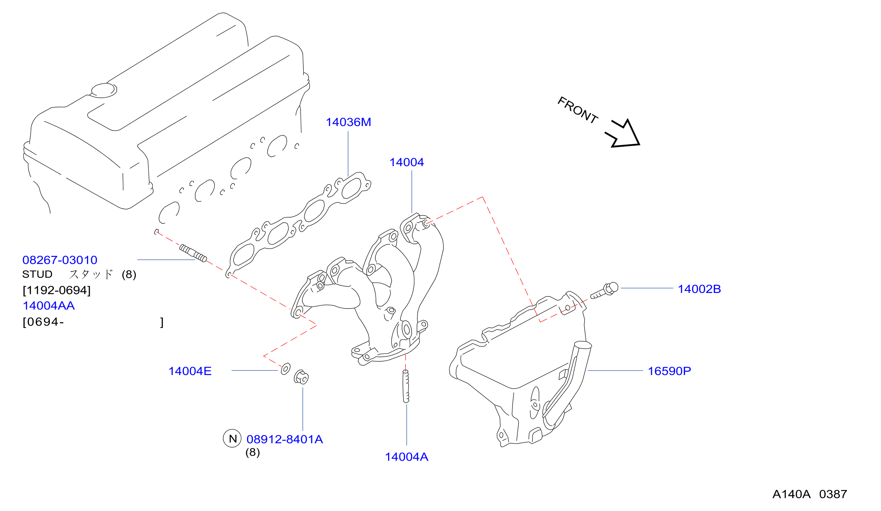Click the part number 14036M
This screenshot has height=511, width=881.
click(x=348, y=122)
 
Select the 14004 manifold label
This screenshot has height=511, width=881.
click(x=407, y=163)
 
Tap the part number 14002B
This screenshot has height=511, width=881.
click(x=699, y=289)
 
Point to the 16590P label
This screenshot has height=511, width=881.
click(x=669, y=371)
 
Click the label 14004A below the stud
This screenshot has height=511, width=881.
click(x=406, y=457)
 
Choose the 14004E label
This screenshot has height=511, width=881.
click(x=190, y=371)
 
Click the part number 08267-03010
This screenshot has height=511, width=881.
click(x=60, y=260)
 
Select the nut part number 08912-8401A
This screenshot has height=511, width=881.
click(x=284, y=439)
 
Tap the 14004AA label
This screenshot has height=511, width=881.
click(x=49, y=306)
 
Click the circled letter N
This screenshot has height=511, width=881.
click(x=232, y=439)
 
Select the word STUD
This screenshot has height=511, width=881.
click(x=37, y=274)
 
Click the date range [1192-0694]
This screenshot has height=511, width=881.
click(x=57, y=290)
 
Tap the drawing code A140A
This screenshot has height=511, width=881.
click(x=791, y=494)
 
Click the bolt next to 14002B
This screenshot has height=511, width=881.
click(x=604, y=290)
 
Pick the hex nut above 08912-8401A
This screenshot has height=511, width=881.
click(x=301, y=377)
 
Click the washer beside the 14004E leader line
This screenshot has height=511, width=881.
click(x=286, y=369)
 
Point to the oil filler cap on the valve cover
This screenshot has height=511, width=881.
click(x=104, y=90)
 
